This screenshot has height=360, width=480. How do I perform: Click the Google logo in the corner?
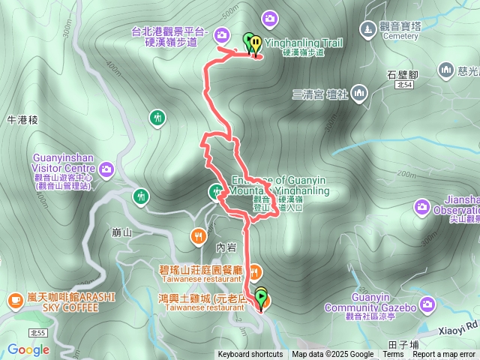[x=28, y=349]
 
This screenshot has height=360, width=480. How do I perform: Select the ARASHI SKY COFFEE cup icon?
[x=15, y=300]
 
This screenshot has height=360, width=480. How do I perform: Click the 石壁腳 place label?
[x=402, y=74]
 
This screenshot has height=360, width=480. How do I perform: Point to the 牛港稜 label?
[x=21, y=119]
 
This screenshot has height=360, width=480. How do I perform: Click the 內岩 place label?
[x=225, y=246]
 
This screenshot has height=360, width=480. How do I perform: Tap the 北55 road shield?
[x=38, y=331]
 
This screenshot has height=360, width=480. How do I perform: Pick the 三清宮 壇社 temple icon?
[x=359, y=93]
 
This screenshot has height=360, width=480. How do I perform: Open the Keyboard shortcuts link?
[x=250, y=355]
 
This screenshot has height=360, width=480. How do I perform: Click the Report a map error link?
[x=444, y=355]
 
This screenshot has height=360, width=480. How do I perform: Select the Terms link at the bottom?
[x=394, y=355]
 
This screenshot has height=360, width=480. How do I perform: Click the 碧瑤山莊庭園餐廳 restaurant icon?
[x=255, y=270]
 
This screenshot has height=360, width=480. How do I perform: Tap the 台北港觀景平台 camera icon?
[x=222, y=34]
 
